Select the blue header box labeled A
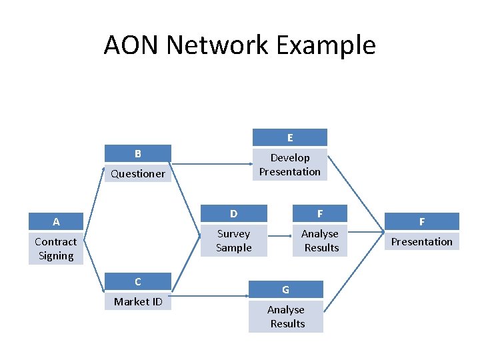(56, 222)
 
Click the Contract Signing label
(56, 249)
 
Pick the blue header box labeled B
(138, 153)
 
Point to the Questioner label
(138, 174)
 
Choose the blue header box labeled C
(138, 281)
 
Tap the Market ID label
(138, 302)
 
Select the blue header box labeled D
(233, 213)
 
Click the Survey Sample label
(233, 241)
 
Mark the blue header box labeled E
(290, 137)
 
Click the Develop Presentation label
(290, 165)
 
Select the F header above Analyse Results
(320, 213)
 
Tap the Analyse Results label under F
(320, 241)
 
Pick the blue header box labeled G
(285, 289)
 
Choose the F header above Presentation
(421, 221)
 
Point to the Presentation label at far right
(421, 242)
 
